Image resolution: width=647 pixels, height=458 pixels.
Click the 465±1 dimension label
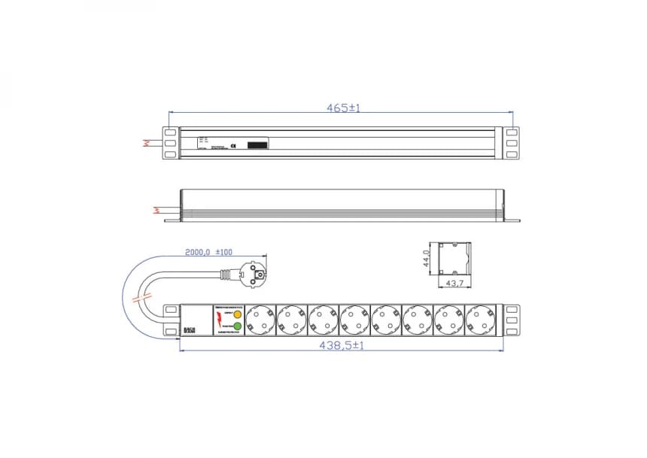343,108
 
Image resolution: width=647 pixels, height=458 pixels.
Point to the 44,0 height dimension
426,259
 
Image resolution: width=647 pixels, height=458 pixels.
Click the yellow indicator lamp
237,314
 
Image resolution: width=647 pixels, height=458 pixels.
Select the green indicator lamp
237,326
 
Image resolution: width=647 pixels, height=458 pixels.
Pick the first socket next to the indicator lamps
260,319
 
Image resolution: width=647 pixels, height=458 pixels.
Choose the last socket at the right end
480,319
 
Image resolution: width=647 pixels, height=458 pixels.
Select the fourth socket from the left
354,319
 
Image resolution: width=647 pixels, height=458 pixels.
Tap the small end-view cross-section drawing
451,259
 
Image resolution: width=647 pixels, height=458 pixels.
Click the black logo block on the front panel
189,330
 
